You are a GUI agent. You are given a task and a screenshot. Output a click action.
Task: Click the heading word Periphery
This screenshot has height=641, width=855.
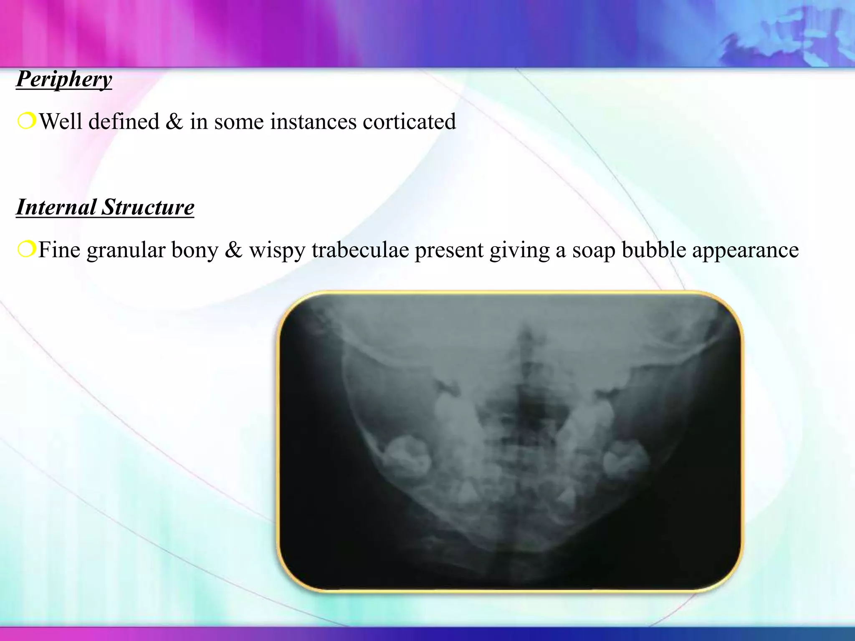pyautogui.click(x=64, y=79)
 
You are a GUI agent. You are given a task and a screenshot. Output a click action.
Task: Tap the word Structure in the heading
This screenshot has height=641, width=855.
pyautogui.click(x=148, y=207)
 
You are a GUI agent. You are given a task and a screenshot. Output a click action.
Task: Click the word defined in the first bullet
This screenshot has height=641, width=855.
pyautogui.click(x=124, y=122)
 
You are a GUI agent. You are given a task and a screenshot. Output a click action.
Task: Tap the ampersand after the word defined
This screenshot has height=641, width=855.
pyautogui.click(x=174, y=122)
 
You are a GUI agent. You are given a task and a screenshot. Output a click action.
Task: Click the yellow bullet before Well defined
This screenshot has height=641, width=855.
pyautogui.click(x=26, y=121)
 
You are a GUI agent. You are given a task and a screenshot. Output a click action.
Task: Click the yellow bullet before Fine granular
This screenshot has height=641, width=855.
pyautogui.click(x=26, y=250)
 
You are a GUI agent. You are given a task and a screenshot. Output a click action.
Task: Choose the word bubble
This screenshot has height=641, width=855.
pyautogui.click(x=654, y=250)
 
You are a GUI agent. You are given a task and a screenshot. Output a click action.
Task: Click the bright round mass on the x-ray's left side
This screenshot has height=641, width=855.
pyautogui.click(x=407, y=457)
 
